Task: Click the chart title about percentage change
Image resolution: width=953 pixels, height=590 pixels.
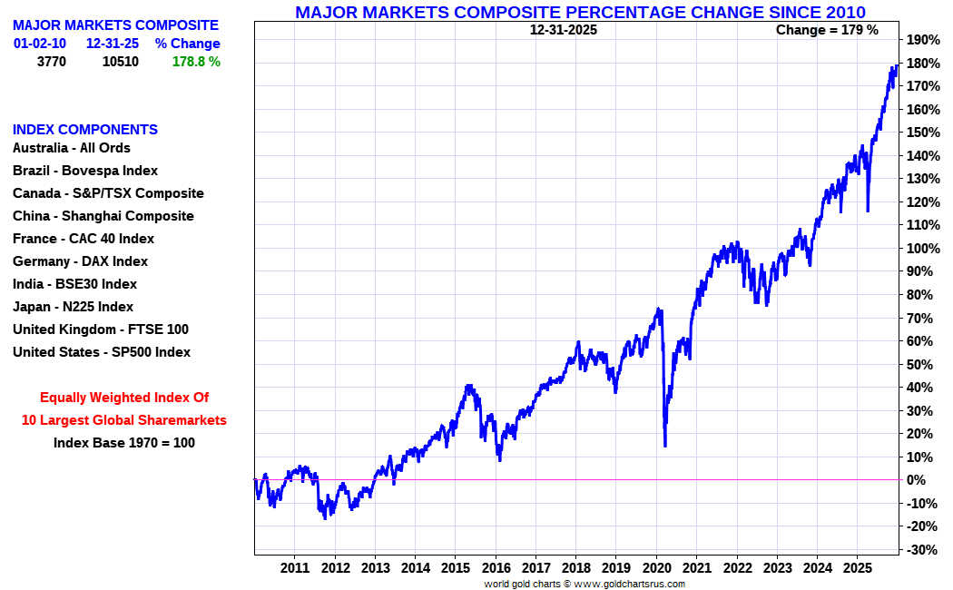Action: point(580,12)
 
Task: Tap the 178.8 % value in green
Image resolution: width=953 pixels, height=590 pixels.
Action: point(196,62)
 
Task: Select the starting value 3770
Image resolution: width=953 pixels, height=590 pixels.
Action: point(51,62)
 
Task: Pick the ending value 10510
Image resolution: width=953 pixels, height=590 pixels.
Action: point(120,62)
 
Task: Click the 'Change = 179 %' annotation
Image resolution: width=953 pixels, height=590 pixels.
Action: point(827,30)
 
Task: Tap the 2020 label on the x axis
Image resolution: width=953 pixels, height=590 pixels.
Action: point(656,568)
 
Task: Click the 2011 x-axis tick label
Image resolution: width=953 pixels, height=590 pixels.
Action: point(295,568)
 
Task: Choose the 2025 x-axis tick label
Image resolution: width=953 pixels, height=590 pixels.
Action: point(857,568)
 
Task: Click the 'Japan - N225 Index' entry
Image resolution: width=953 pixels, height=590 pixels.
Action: point(73,307)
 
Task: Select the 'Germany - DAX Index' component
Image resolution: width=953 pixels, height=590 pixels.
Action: point(80,261)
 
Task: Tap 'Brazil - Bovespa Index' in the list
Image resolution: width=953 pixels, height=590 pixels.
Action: point(85,171)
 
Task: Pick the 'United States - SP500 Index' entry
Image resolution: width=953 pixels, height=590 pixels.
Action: point(102,352)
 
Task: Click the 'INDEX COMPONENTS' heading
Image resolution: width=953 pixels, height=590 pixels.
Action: point(85,129)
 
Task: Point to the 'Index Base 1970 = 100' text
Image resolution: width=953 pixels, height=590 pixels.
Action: point(123,443)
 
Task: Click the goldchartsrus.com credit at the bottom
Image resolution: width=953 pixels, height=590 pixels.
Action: point(585,584)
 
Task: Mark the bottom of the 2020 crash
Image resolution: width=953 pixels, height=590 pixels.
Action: point(665,445)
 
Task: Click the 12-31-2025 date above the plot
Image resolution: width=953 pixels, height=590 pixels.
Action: point(564,30)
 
